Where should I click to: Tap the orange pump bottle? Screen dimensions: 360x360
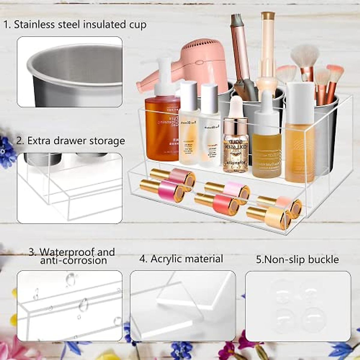(x=162, y=126)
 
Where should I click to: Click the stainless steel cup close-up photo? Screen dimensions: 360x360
(x=70, y=72)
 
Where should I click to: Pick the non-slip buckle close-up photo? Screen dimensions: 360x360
(x=298, y=306)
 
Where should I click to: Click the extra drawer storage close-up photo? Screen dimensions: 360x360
(x=70, y=188)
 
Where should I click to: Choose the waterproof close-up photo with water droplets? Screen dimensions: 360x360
(x=70, y=306)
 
